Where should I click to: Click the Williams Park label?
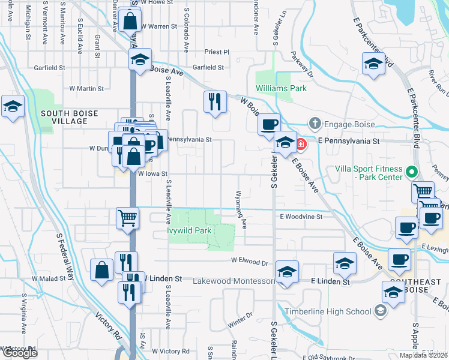pyautogui.click(x=281, y=88)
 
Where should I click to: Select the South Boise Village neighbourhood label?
pyautogui.click(x=64, y=117)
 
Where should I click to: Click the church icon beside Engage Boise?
pyautogui.click(x=315, y=124)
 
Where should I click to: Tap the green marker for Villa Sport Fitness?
pyautogui.click(x=411, y=172)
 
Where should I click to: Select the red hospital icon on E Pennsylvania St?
pyautogui.click(x=300, y=144)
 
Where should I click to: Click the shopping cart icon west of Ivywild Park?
pyautogui.click(x=127, y=218)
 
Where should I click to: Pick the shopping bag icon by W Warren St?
pyautogui.click(x=130, y=21)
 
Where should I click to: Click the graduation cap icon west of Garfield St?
pyautogui.click(x=140, y=60)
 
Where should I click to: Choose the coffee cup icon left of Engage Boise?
pyautogui.click(x=269, y=125)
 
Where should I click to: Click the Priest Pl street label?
pyautogui.click(x=217, y=52)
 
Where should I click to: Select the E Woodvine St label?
pyautogui.click(x=301, y=216)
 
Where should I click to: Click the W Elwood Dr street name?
pyautogui.click(x=250, y=262)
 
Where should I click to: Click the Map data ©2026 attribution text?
pyautogui.click(x=424, y=355)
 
